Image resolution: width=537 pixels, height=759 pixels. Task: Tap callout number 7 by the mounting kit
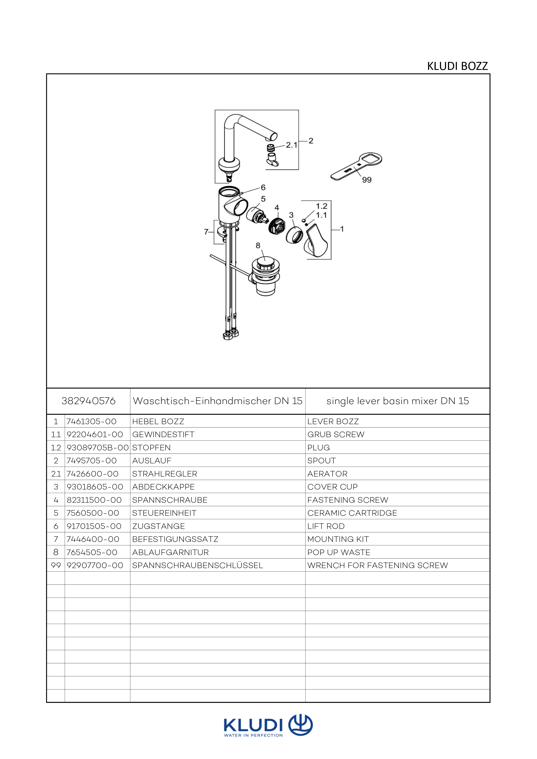[x=206, y=232]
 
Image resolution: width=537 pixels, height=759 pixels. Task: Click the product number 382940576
[x=88, y=401]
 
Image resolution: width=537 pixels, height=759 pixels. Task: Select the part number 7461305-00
[x=92, y=421]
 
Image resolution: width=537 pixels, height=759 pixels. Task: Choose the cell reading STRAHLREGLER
[x=165, y=474]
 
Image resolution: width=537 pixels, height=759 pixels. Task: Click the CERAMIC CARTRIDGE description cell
[x=352, y=513]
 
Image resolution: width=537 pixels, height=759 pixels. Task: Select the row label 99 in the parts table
[x=56, y=566]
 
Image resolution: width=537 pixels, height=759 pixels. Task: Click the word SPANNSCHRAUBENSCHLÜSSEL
[x=197, y=566]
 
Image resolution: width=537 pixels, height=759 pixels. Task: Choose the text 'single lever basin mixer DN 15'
[x=398, y=401]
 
